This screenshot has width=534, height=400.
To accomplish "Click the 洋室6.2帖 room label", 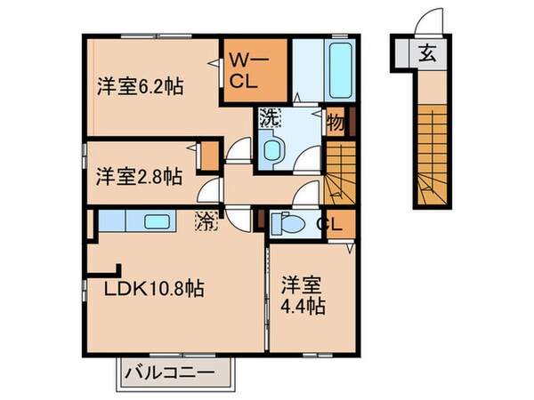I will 140,87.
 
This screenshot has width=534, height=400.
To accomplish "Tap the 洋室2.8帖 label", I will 140,175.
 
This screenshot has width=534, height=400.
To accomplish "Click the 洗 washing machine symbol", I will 268,116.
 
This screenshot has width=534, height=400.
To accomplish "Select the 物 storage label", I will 336,121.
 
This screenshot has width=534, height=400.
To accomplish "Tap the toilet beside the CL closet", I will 287,222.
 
